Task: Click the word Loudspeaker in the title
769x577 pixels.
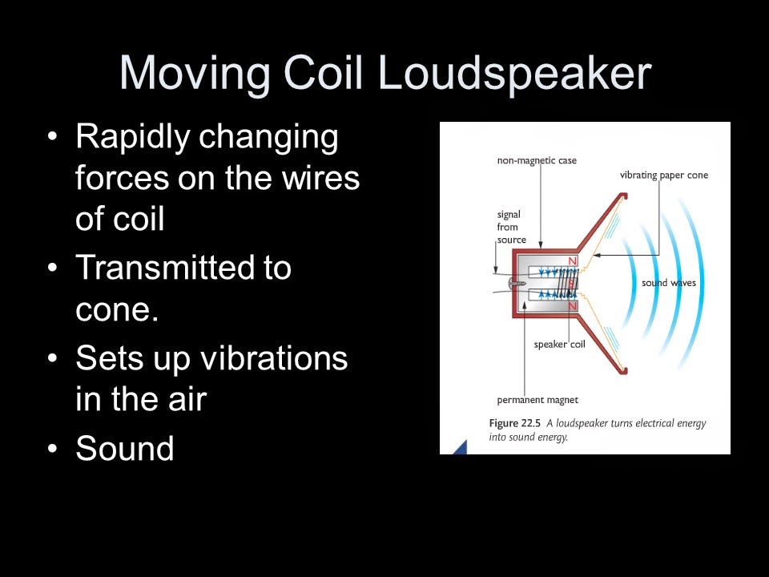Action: (513, 74)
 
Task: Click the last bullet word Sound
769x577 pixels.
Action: (124, 448)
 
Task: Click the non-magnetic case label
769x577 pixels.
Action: (536, 161)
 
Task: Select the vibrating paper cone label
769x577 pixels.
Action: (663, 176)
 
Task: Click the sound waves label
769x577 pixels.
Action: (668, 283)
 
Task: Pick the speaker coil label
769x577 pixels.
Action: (560, 345)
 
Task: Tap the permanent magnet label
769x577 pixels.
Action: (537, 400)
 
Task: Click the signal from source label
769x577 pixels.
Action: (511, 227)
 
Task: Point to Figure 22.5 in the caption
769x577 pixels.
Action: (515, 423)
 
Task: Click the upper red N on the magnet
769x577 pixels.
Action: (572, 262)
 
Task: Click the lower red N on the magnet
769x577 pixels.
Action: (572, 305)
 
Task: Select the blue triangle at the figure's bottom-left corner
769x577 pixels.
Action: (459, 448)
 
